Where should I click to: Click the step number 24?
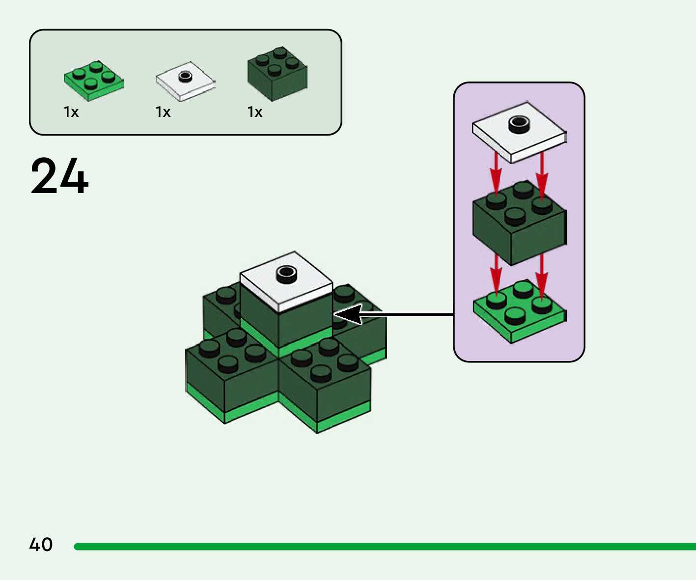[x=59, y=176]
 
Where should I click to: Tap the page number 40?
[x=41, y=545]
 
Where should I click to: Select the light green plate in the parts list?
[x=93, y=81]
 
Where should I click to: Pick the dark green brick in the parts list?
[x=277, y=74]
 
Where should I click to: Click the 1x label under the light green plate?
[x=71, y=112]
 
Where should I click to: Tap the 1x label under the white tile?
[x=163, y=112]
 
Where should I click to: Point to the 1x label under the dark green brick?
[x=255, y=112]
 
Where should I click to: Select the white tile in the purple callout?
[x=518, y=133]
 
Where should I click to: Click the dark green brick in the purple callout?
[x=519, y=226]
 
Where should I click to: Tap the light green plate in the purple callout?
[x=519, y=314]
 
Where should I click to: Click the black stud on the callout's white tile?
[x=519, y=124]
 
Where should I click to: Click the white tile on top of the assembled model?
[x=286, y=282]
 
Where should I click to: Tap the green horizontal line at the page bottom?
[x=383, y=547]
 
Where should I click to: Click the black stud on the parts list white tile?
[x=185, y=77]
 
